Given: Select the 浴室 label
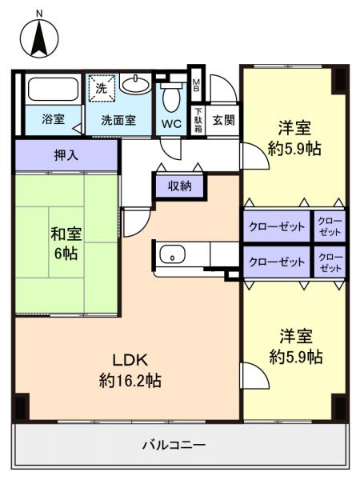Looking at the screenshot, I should pyautogui.click(x=54, y=122).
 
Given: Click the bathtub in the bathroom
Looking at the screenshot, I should pyautogui.click(x=51, y=89).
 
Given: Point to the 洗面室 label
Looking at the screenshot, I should pyautogui.click(x=118, y=122).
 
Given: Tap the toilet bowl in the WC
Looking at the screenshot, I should pyautogui.click(x=170, y=100).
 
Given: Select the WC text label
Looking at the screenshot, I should pyautogui.click(x=171, y=124).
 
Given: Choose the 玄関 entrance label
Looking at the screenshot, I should pyautogui.click(x=223, y=121).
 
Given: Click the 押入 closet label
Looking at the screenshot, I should pyautogui.click(x=66, y=155).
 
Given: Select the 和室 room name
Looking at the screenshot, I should pyautogui.click(x=66, y=234).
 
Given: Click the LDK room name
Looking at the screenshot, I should pyautogui.click(x=130, y=358).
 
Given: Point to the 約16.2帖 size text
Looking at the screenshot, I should pyautogui.click(x=130, y=380).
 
